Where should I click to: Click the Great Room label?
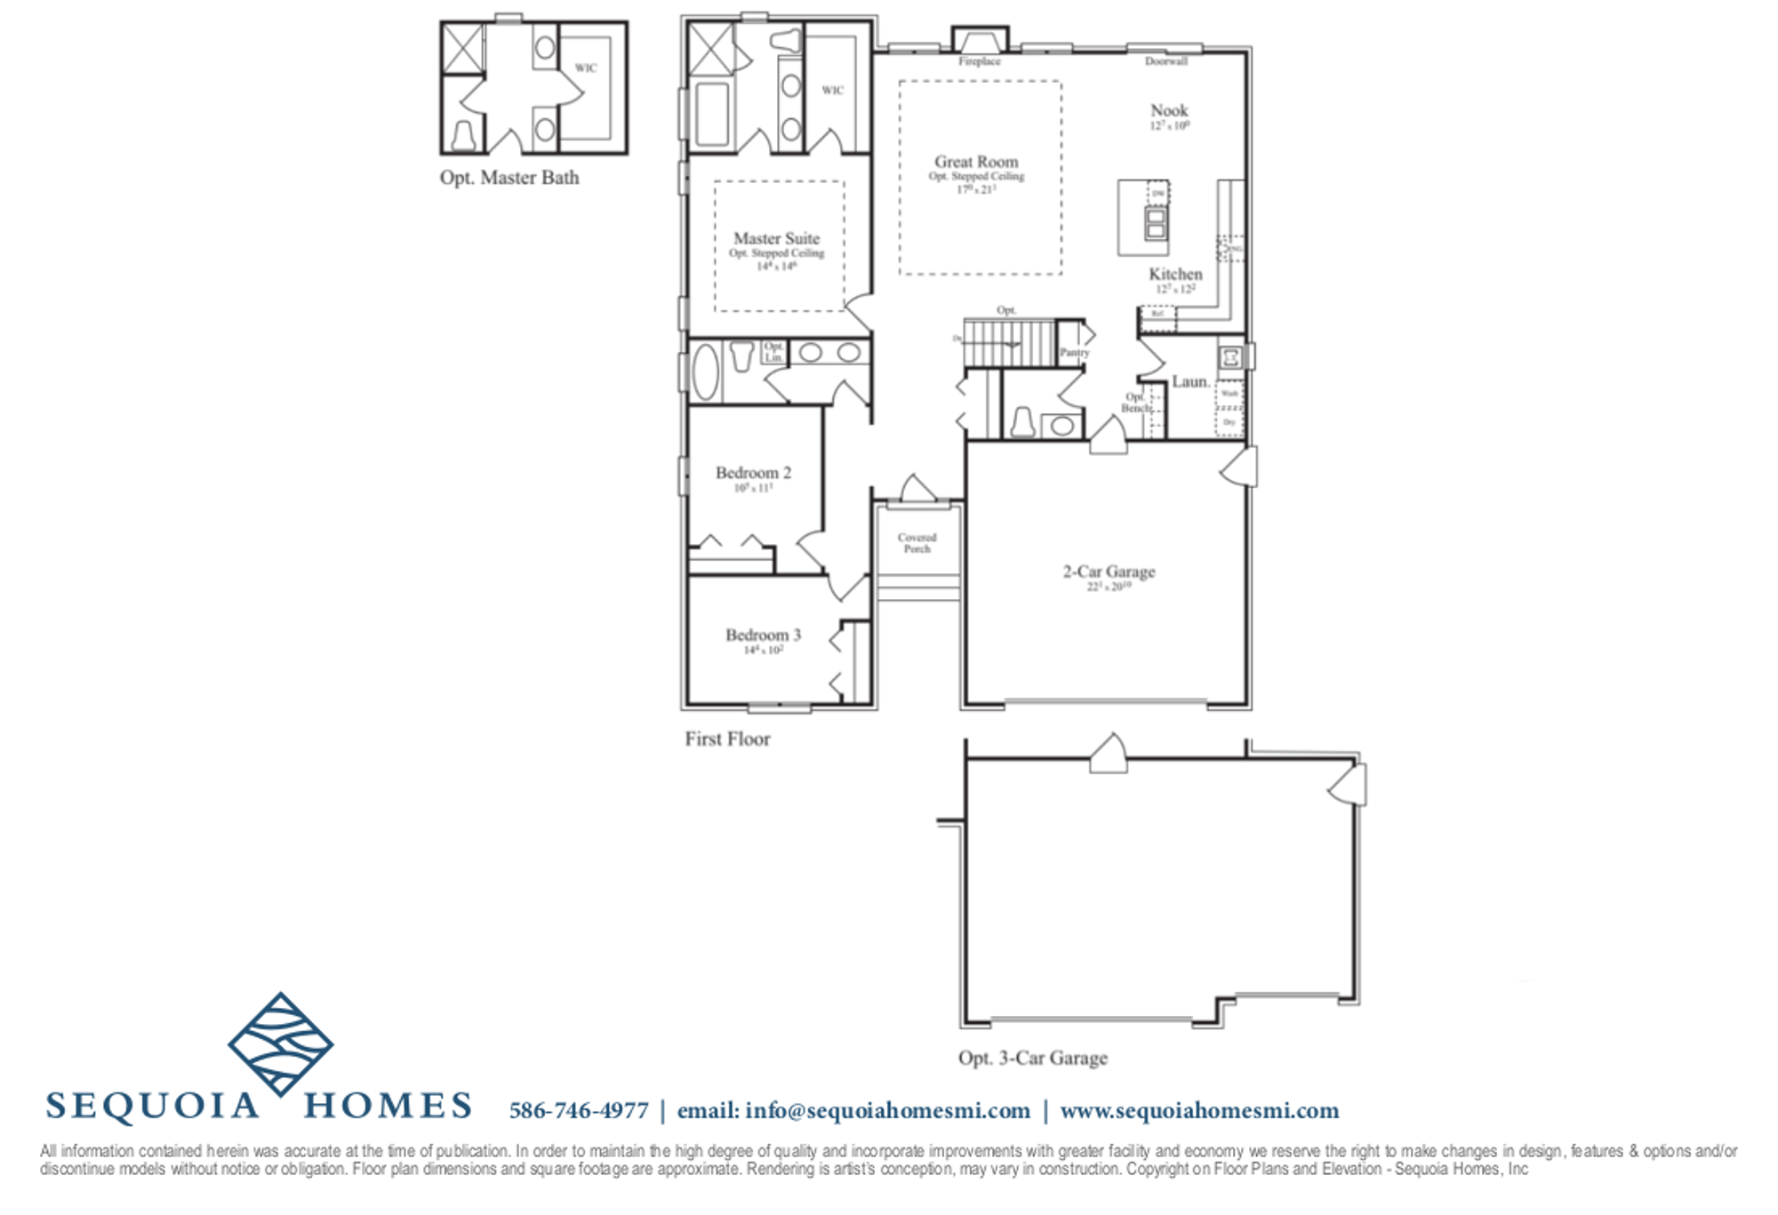click(x=975, y=162)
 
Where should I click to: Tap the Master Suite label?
click(x=776, y=238)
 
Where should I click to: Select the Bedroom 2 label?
click(x=753, y=473)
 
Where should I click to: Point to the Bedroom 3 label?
click(x=763, y=635)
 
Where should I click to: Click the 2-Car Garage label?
click(x=1109, y=572)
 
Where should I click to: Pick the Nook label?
click(x=1169, y=110)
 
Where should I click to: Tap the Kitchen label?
click(x=1174, y=274)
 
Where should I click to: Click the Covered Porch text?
click(x=917, y=543)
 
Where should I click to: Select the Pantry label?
click(x=1074, y=353)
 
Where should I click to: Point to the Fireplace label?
click(x=979, y=61)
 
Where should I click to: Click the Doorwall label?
click(x=1165, y=61)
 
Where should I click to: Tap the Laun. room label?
click(x=1189, y=381)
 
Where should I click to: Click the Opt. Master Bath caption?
click(x=509, y=178)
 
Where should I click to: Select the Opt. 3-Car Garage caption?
click(x=1032, y=1058)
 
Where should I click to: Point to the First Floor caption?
click(x=727, y=739)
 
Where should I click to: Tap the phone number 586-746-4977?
click(x=579, y=1111)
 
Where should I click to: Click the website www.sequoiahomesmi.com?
click(x=1199, y=1111)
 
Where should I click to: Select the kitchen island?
click(x=1142, y=218)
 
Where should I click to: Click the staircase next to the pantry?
click(x=1009, y=343)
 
